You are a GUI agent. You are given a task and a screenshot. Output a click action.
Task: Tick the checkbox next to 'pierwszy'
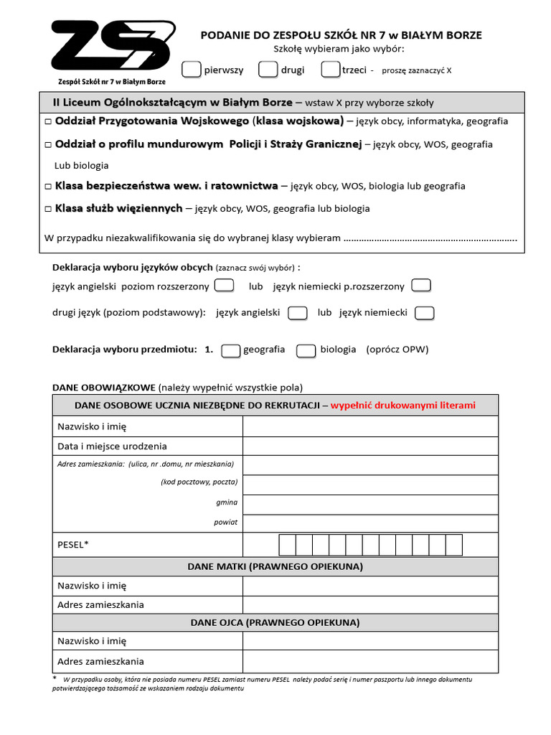coord(192,70)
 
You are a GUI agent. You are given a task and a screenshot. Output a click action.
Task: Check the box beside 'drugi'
coord(268,70)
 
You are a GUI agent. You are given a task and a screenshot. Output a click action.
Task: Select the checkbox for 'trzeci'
coord(331,70)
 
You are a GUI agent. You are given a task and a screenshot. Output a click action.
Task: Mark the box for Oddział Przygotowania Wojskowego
coord(48,121)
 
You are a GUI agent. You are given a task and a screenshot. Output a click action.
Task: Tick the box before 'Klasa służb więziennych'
coord(48,209)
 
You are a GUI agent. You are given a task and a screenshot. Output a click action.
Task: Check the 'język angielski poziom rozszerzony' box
coord(225,286)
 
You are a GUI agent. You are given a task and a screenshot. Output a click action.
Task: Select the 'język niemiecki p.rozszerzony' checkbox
coord(421,286)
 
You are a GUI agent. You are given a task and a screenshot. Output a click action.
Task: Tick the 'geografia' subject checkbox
coord(230,350)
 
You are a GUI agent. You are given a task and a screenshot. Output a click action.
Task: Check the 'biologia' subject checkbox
coord(306,350)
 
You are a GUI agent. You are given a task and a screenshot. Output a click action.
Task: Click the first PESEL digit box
coord(287,545)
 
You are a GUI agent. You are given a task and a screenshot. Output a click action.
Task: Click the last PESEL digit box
coord(453,545)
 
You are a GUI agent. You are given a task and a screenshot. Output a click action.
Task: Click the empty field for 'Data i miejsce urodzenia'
coord(370,446)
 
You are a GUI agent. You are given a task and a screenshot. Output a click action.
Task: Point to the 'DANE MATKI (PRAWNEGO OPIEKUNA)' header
coord(275,566)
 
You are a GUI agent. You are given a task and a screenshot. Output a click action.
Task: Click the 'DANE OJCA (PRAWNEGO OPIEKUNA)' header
coord(275,622)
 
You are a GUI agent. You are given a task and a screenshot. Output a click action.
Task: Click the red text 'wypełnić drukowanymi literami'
coord(403,406)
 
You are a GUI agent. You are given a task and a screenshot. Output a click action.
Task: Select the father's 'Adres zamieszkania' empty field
coord(370,661)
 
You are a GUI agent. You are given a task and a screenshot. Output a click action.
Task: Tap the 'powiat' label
coord(225,522)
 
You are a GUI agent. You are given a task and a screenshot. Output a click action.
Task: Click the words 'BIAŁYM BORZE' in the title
coord(446,35)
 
